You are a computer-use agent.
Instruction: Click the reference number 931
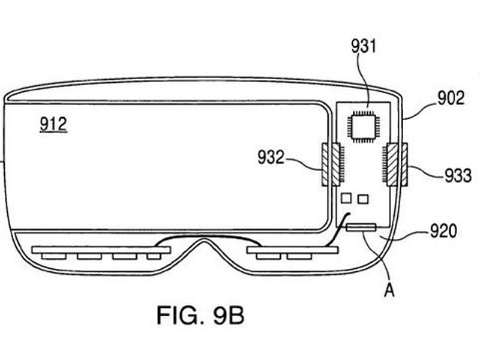[x=363, y=47]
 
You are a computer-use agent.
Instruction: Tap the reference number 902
[x=451, y=98]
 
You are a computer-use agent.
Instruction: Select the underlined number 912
[x=53, y=124]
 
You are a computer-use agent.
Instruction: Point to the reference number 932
[x=271, y=157]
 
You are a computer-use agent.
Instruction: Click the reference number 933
[x=458, y=175]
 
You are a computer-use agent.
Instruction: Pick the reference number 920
[x=443, y=231]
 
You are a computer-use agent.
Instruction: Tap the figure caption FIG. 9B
[x=200, y=316]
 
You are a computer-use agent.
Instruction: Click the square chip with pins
[x=364, y=126]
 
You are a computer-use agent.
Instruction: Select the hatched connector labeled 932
[x=332, y=164]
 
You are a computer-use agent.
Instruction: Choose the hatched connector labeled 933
[x=395, y=164]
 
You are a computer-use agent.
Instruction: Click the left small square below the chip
[x=346, y=198]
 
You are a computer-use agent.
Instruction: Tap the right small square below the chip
[x=363, y=199]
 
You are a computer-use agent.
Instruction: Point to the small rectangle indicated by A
[x=361, y=227]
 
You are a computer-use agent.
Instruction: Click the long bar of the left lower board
[x=101, y=250]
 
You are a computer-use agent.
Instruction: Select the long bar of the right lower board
[x=292, y=250]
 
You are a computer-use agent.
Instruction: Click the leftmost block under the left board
[x=53, y=256]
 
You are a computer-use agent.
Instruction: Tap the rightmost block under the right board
[x=299, y=256]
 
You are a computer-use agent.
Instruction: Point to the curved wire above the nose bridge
[x=208, y=236]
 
